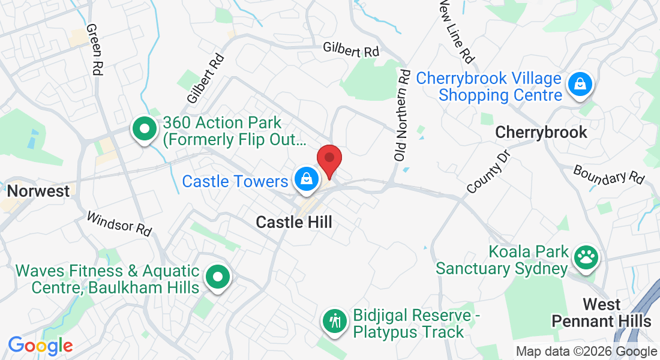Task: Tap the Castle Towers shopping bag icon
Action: point(306,179)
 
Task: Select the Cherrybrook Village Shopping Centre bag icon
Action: point(580,85)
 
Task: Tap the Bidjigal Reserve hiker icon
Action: point(335,322)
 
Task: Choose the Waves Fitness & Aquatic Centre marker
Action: point(218,278)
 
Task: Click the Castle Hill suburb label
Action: point(294,222)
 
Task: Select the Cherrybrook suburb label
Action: point(541,133)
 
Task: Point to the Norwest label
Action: point(38,191)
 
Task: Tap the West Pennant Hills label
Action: point(601,313)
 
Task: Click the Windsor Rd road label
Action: point(119,223)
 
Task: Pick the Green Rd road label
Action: point(94,49)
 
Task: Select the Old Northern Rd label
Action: point(401,114)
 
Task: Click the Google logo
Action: point(40,346)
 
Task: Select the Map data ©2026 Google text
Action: point(587,352)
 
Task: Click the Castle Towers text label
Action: point(235,181)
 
